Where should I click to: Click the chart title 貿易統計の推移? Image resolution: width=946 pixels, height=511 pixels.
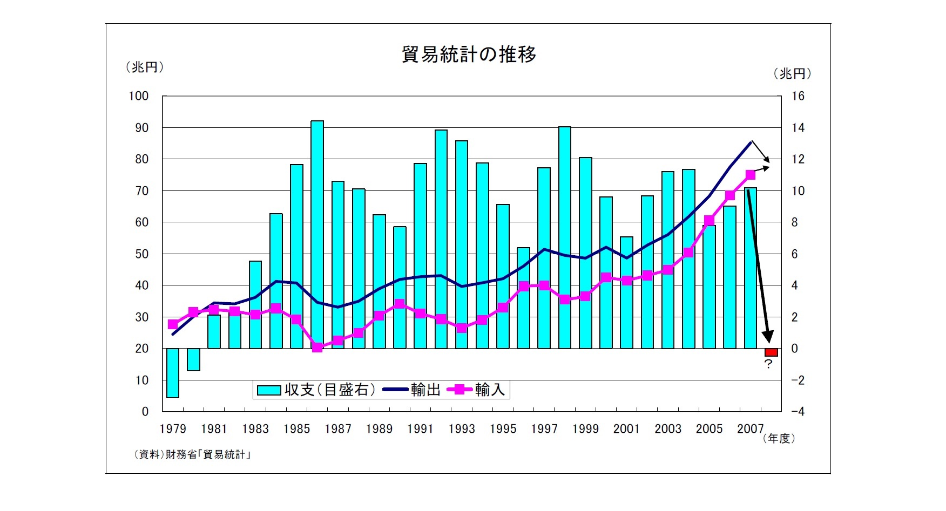(x=469, y=54)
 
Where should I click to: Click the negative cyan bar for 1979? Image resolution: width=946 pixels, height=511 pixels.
(x=173, y=373)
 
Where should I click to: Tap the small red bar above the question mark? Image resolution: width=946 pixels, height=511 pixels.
(x=771, y=352)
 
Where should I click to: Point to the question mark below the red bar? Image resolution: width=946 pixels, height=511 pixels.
(x=768, y=364)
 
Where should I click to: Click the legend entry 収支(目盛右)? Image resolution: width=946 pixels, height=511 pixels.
(x=316, y=390)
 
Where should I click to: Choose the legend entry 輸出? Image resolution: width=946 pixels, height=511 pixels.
(x=413, y=390)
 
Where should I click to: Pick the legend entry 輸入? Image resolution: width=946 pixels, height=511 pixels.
(x=477, y=390)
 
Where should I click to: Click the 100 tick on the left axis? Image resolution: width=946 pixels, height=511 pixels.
(x=138, y=96)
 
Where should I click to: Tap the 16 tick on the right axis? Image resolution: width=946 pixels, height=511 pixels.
(x=798, y=96)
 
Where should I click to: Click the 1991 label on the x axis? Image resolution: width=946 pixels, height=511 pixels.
(x=420, y=429)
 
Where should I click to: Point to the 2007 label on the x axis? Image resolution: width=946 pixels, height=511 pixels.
(x=750, y=429)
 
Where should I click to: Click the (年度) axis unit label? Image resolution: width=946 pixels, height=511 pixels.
(x=779, y=439)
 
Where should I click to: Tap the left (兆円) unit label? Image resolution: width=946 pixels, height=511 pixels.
(x=144, y=67)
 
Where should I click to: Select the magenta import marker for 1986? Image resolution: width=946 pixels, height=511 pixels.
(x=317, y=348)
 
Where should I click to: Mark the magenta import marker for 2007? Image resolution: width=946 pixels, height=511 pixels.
(x=751, y=175)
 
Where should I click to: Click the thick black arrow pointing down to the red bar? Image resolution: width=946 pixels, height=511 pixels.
(x=759, y=264)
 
